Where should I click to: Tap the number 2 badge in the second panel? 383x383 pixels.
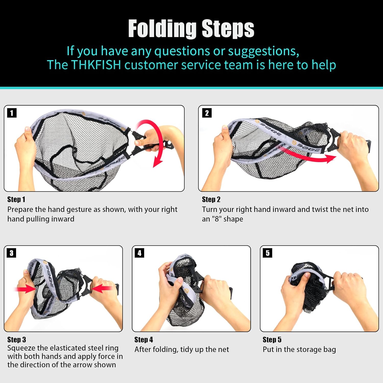click(207, 113)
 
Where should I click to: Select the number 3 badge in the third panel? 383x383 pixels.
click(11, 253)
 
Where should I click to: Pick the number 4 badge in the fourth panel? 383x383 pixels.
click(139, 253)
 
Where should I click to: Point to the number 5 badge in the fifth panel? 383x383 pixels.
click(268, 253)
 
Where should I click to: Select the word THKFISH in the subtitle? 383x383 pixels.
click(96, 65)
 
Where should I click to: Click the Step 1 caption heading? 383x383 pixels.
click(16, 199)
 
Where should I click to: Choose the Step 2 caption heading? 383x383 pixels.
click(211, 199)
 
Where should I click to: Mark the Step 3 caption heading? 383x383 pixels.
click(17, 340)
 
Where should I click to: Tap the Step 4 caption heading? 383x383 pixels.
click(144, 340)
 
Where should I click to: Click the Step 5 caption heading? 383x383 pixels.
click(272, 340)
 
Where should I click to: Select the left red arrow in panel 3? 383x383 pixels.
click(26, 289)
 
